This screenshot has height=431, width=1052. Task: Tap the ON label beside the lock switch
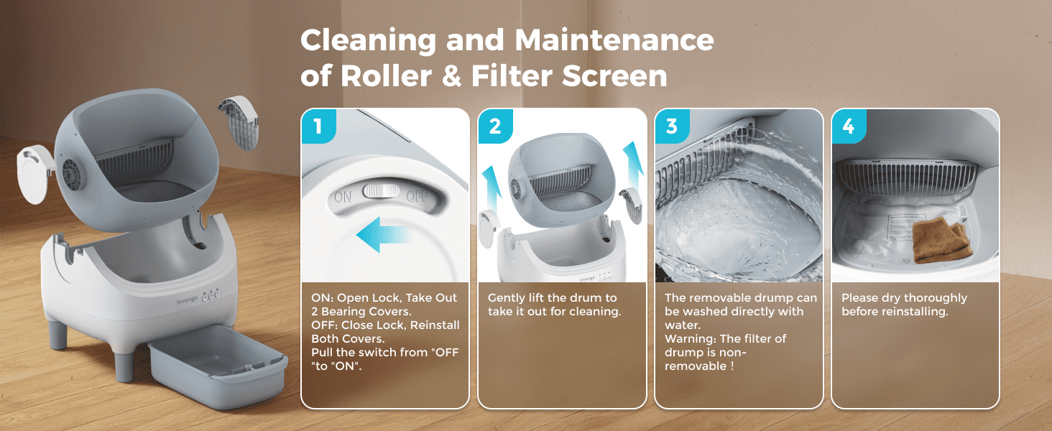[343, 195]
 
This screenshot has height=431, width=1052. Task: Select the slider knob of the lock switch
[381, 191]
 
